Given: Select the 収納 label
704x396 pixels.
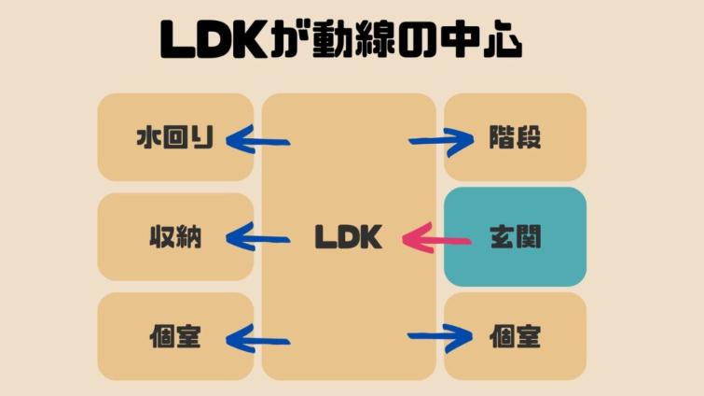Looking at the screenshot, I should pos(175,237).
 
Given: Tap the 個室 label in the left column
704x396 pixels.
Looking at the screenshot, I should pos(175,336).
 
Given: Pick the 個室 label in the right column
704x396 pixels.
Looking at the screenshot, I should pos(516,336).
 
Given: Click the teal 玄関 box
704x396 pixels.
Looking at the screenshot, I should pos(516,237).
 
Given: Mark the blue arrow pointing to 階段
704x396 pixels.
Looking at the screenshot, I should pos(441,142).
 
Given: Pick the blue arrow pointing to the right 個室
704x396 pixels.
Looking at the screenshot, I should pos(441,336).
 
